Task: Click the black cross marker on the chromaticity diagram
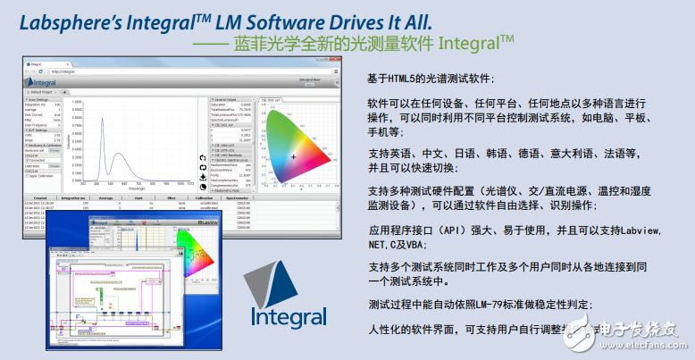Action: [292, 157]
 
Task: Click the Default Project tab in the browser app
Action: [45, 91]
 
